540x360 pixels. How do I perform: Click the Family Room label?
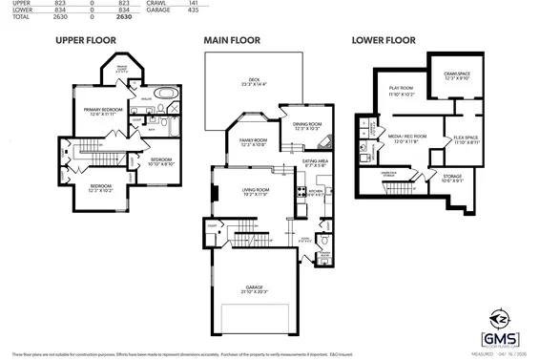tap(253, 142)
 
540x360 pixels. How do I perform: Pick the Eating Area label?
tap(316, 163)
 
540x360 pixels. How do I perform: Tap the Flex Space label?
tap(467, 139)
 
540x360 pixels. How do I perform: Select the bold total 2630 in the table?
tap(123, 17)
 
